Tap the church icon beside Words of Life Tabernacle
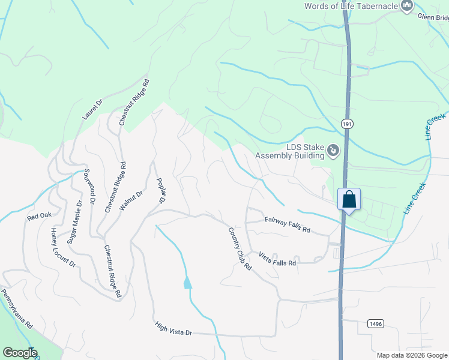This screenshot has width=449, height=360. tap(407, 7)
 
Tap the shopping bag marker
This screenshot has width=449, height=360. tap(349, 199)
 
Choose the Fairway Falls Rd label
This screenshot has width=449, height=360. tap(288, 225)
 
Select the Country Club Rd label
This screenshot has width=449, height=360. tap(240, 248)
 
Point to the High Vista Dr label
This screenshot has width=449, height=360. tap(173, 329)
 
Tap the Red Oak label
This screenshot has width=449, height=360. tap(40, 216)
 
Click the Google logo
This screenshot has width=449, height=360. tap(20, 353)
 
